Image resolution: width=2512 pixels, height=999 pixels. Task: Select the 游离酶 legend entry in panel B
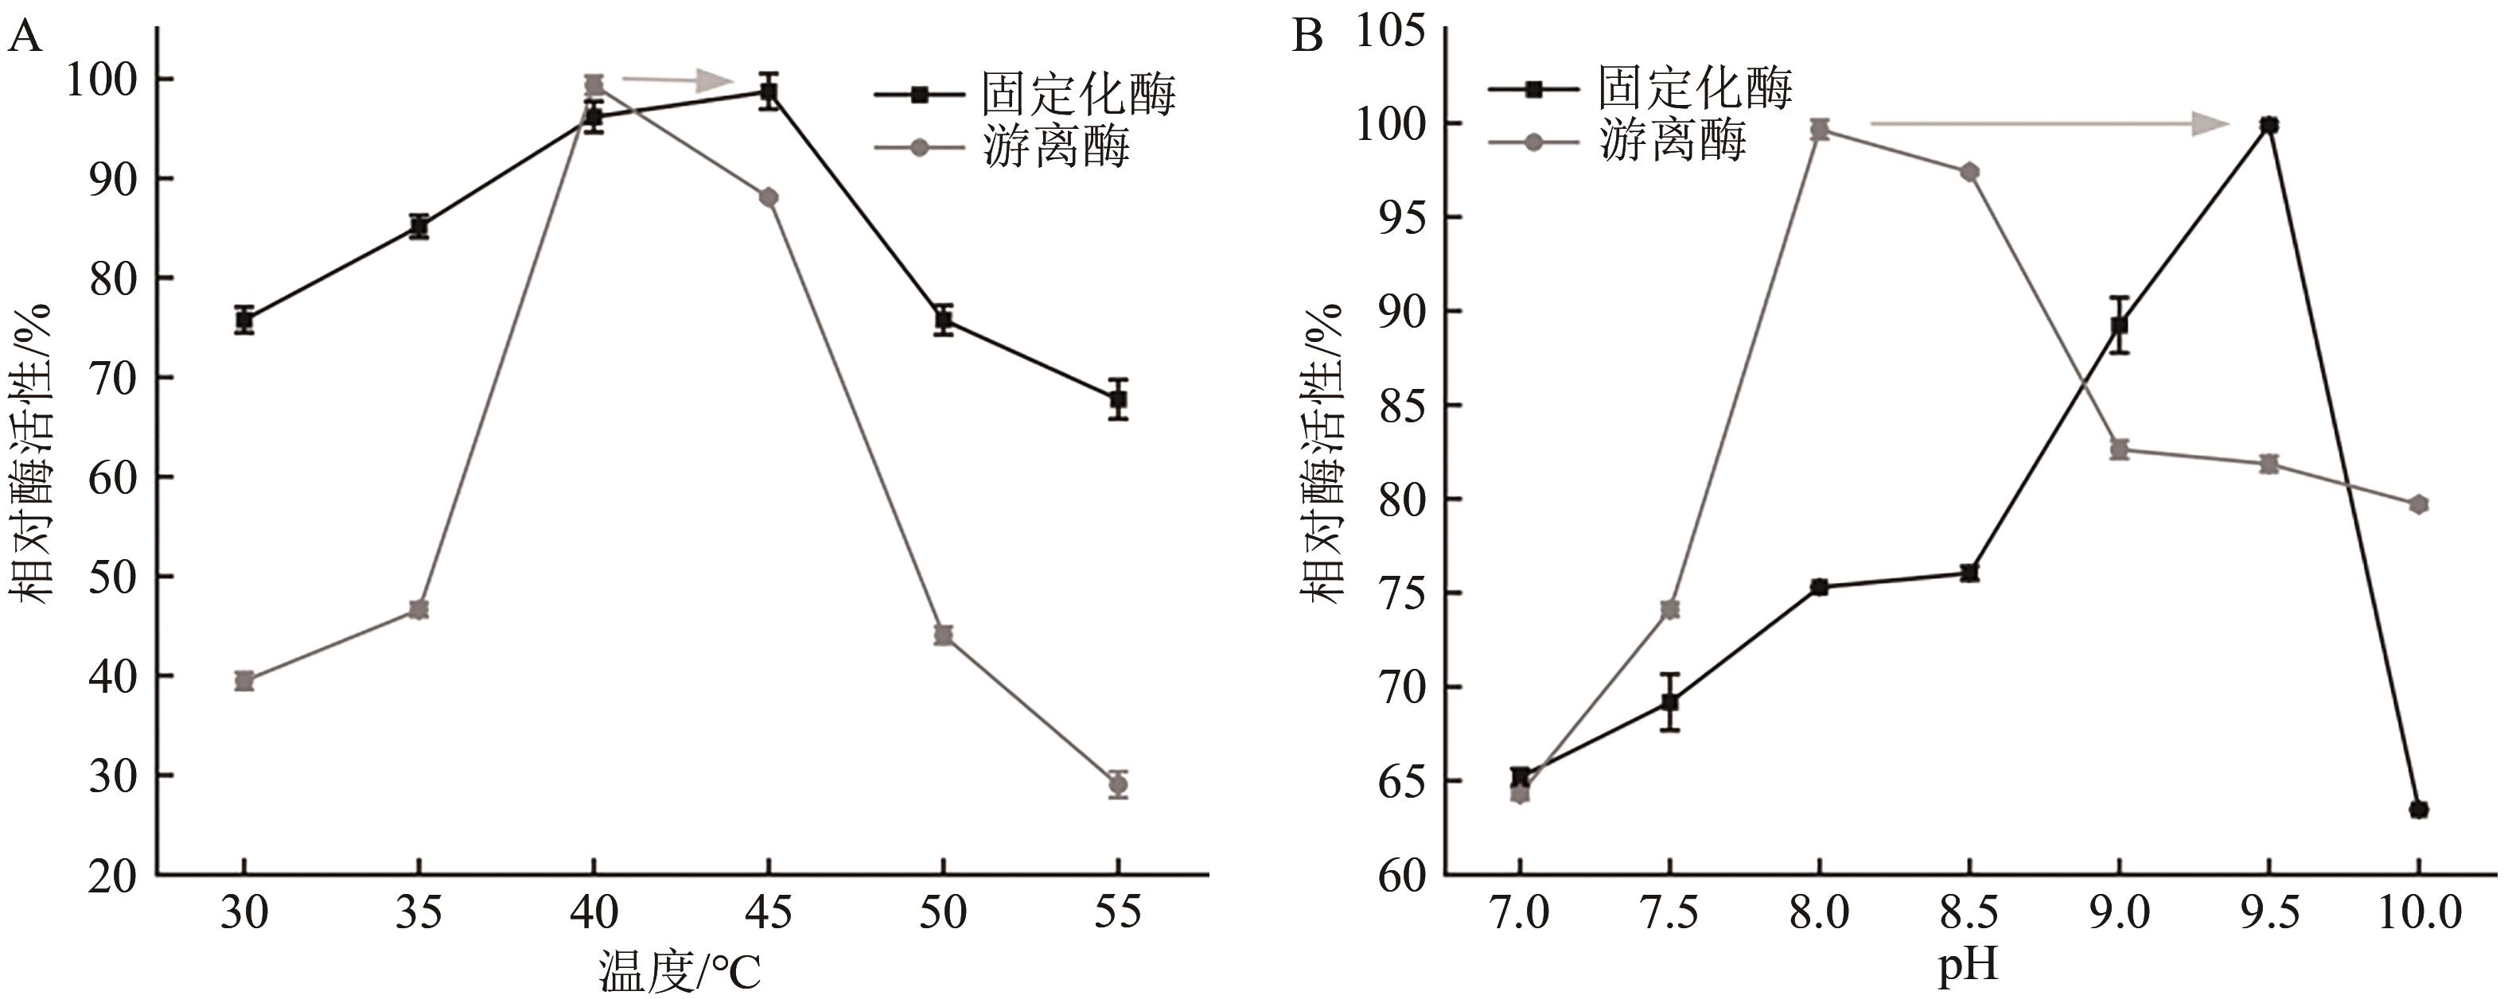[x=1672, y=142]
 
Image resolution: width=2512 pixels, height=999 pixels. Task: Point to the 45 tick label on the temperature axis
[x=769, y=913]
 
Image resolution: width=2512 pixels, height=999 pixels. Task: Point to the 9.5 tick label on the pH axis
[x=2269, y=913]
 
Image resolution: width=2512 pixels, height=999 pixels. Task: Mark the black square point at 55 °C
[x=1119, y=398]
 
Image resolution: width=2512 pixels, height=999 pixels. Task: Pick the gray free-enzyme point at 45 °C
[x=769, y=197]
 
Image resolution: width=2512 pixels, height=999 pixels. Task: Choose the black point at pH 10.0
[x=2418, y=809]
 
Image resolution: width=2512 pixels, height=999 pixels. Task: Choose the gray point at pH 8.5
[x=1969, y=173]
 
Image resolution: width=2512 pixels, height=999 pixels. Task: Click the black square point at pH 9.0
[x=2119, y=325]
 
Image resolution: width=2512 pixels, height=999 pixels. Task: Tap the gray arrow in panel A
[x=677, y=80]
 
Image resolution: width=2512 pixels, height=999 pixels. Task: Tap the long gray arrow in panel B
[x=2048, y=124]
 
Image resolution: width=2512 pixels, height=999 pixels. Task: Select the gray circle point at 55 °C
[x=1119, y=783]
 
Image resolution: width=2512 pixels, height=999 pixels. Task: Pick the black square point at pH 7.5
[x=1669, y=701]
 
